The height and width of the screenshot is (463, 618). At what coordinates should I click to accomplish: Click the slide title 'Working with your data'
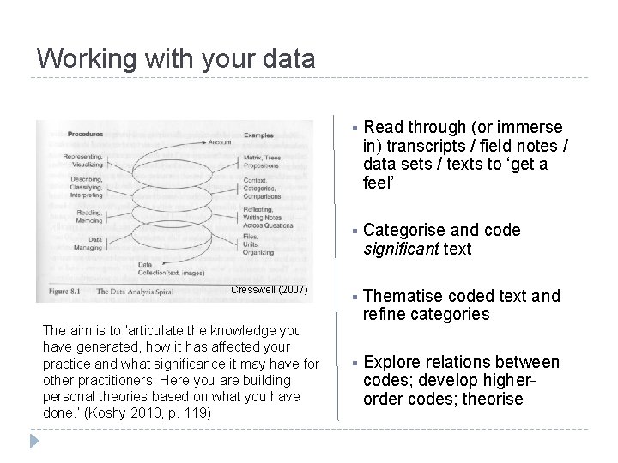pyautogui.click(x=176, y=58)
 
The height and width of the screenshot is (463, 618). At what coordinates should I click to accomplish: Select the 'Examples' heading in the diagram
pyautogui.click(x=260, y=135)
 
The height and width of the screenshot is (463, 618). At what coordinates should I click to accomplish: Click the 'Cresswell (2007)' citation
pyautogui.click(x=270, y=290)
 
